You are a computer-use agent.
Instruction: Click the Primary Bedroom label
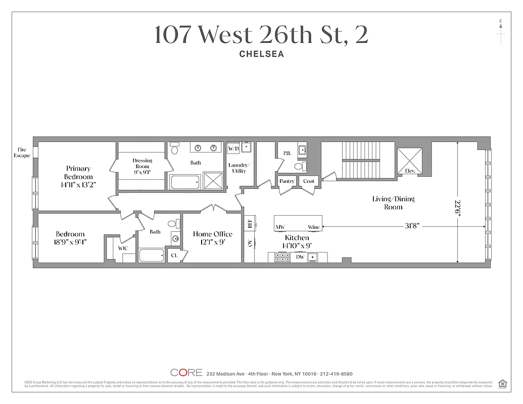[78, 173]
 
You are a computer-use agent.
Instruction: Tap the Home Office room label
[212, 234]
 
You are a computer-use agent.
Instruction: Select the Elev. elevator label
[410, 171]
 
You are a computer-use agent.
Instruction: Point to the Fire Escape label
[22, 152]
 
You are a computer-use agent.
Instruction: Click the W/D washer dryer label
[233, 149]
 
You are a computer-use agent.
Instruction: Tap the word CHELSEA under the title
[261, 54]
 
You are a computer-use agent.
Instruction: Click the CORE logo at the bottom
[186, 373]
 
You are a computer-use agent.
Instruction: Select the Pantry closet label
[287, 181]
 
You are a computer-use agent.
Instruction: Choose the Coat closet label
[308, 181]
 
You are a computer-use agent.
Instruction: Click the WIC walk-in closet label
[123, 248]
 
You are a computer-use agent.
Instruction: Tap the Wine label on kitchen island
[313, 227]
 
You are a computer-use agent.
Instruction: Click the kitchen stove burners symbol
[280, 258]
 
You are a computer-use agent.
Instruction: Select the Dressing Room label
[142, 163]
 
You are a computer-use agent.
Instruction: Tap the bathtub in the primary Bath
[185, 182]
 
